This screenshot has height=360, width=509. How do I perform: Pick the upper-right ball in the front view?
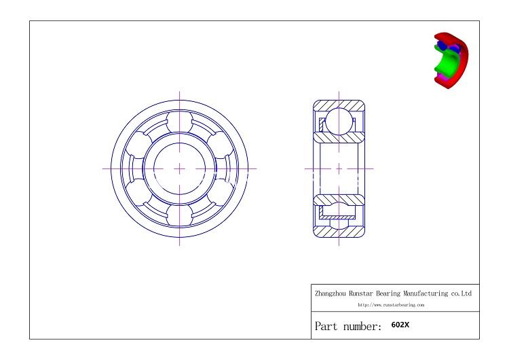click(219, 145)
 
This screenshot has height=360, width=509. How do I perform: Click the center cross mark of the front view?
click(180, 168)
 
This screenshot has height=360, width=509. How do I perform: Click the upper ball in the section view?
click(339, 122)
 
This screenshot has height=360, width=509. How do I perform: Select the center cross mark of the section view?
click(339, 168)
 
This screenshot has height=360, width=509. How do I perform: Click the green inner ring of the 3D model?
click(446, 62)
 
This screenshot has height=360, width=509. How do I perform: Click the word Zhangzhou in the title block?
click(331, 294)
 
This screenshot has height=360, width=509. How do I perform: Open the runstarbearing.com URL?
click(391, 306)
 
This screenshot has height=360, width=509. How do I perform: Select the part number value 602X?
click(400, 325)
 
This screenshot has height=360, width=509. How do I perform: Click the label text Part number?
click(347, 326)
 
